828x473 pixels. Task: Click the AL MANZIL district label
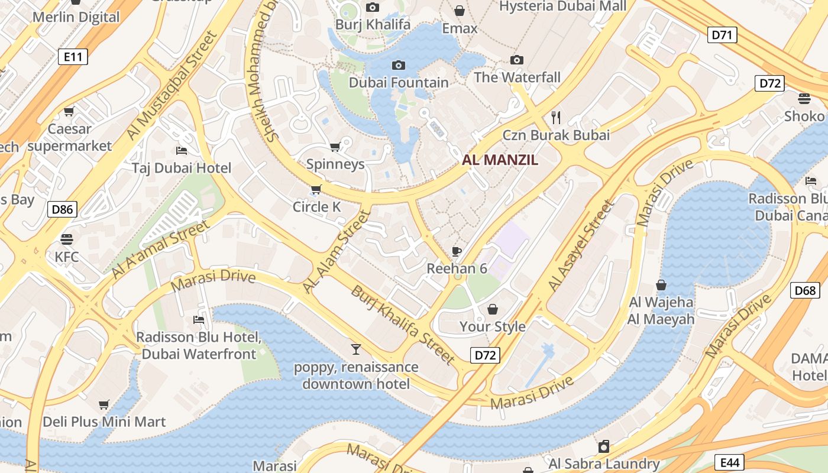(500, 160)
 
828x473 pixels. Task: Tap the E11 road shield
(73, 57)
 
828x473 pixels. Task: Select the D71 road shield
(722, 35)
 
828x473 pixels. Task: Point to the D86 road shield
(62, 209)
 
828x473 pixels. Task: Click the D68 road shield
(805, 290)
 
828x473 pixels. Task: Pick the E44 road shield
(729, 462)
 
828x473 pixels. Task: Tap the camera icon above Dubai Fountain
(399, 65)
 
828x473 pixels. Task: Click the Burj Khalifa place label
(373, 25)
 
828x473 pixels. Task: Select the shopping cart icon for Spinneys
(335, 147)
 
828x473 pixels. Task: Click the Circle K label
(317, 207)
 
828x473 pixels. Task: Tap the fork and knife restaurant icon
(555, 117)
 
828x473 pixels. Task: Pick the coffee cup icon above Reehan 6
(457, 251)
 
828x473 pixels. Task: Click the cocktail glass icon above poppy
(355, 349)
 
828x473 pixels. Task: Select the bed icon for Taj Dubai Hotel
(182, 151)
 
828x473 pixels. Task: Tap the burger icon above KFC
(66, 239)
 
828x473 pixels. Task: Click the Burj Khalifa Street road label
(403, 324)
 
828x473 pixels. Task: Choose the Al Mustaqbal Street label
(172, 85)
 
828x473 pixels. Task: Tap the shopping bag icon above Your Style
(492, 309)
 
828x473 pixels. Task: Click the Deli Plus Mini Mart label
(104, 422)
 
